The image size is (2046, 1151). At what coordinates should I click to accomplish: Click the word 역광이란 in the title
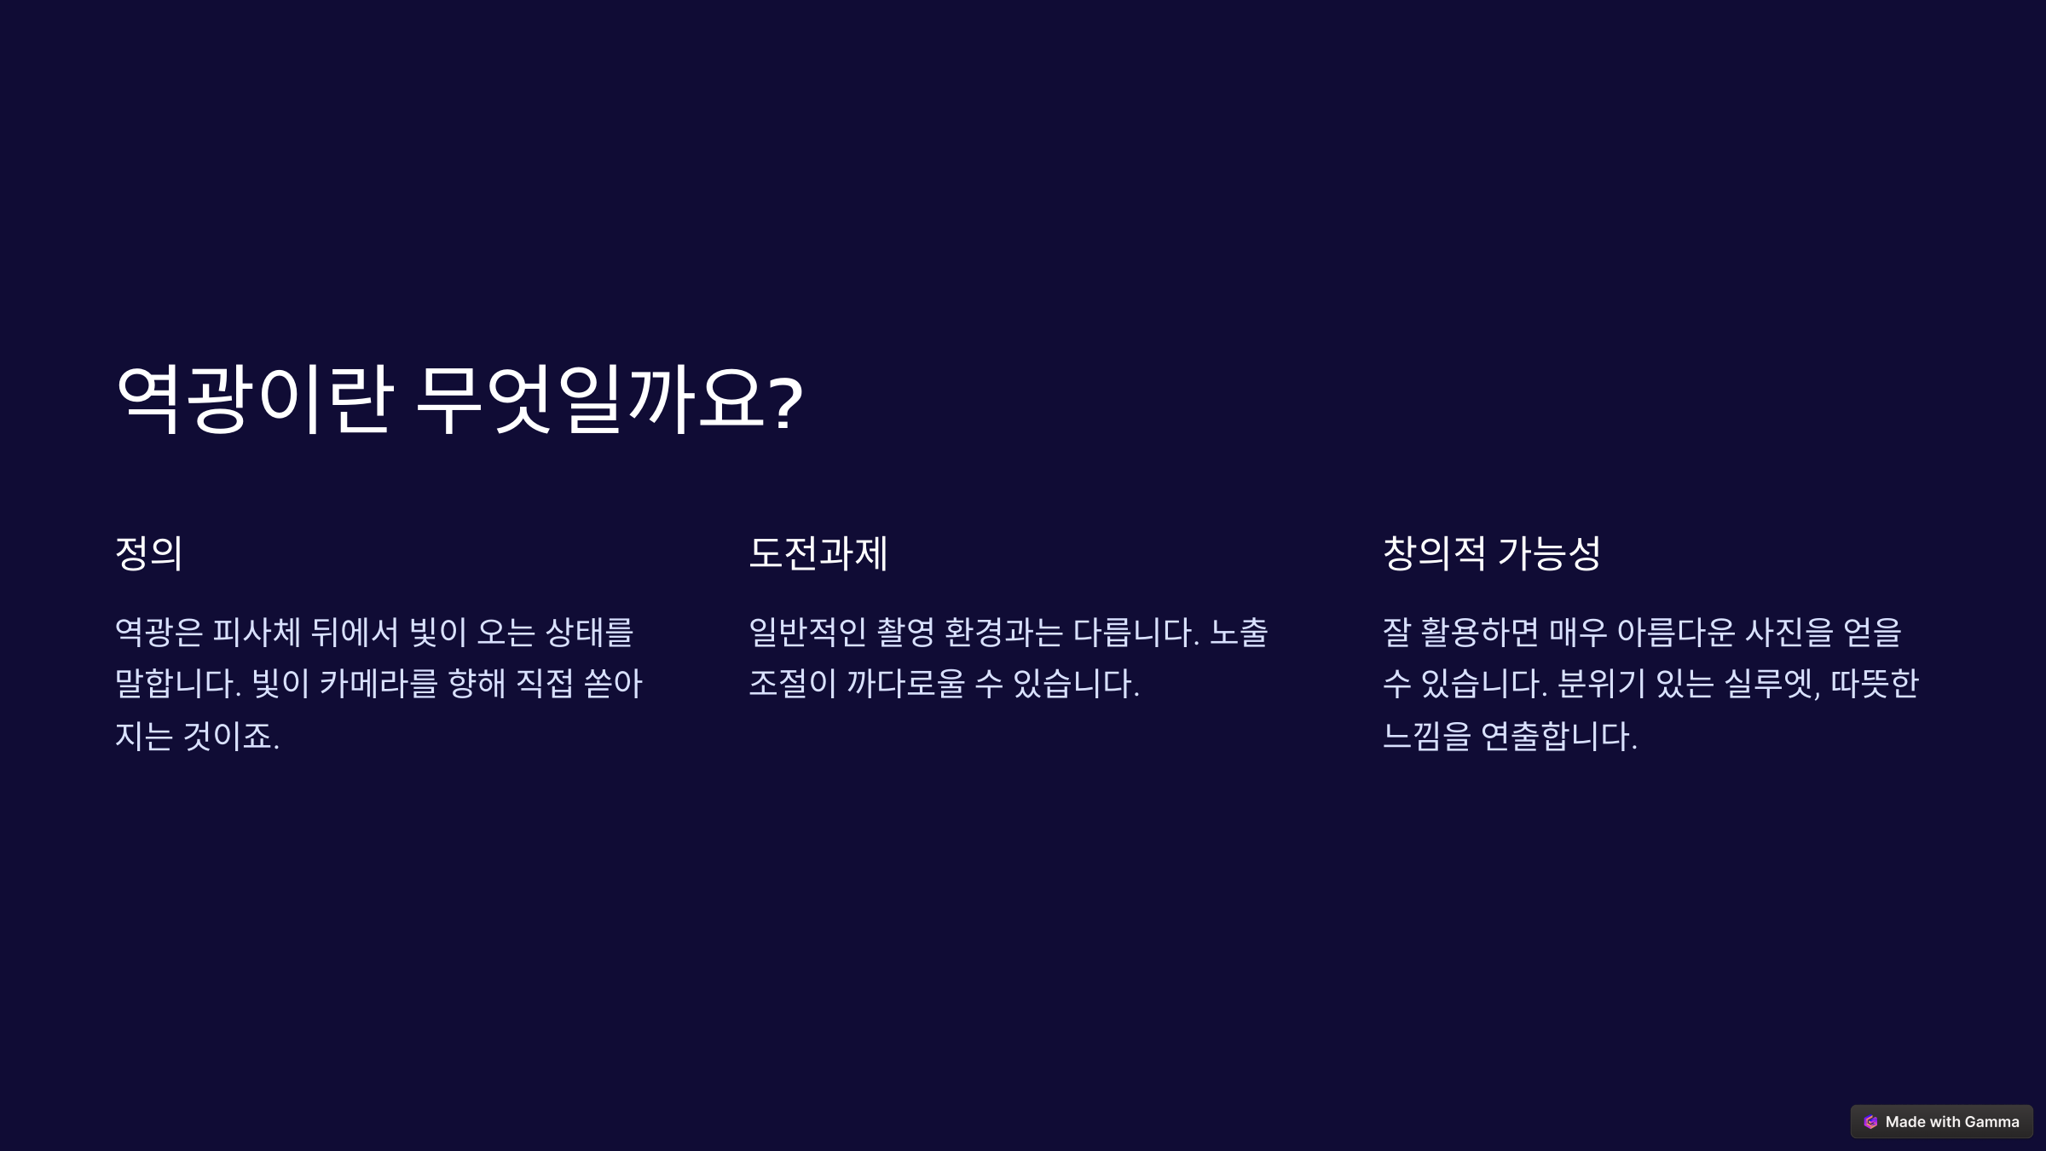point(254,400)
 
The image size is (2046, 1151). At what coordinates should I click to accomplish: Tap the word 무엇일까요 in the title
point(592,400)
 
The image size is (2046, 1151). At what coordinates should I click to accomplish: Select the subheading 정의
point(149,553)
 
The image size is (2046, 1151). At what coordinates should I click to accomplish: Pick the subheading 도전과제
point(818,553)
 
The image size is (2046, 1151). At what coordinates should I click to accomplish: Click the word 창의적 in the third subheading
point(1434,553)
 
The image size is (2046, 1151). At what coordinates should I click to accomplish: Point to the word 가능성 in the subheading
point(1549,553)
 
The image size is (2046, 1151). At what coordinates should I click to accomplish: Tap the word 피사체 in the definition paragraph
point(257,633)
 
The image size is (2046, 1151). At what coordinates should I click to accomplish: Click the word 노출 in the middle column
point(1239,633)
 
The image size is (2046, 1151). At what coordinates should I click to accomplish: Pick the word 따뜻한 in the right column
point(1874,684)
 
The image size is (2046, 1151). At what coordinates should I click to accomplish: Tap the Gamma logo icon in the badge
point(1870,1122)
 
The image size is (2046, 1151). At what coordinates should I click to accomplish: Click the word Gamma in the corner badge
point(1991,1122)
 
